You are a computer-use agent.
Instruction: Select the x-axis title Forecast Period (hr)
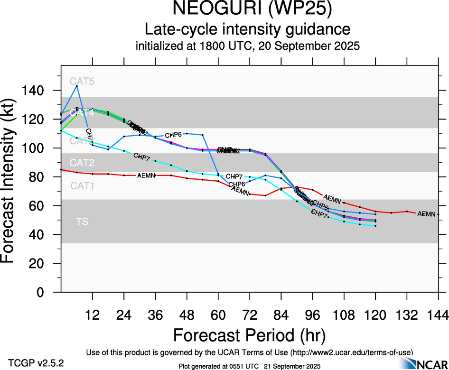tap(249, 335)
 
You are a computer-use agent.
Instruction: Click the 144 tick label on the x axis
tap(438, 315)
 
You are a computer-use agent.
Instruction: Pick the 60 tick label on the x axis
tap(218, 315)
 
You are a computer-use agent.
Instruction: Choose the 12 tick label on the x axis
tap(92, 315)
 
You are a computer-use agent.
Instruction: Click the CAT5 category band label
tap(82, 81)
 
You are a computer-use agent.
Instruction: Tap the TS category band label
tap(82, 222)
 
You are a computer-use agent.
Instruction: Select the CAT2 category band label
tap(82, 163)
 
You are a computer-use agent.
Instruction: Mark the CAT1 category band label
tap(82, 186)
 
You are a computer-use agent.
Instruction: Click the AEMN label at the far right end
tap(426, 214)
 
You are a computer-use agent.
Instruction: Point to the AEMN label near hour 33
tap(146, 176)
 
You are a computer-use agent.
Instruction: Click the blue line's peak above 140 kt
tap(77, 86)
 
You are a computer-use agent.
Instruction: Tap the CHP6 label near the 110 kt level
tap(174, 135)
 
